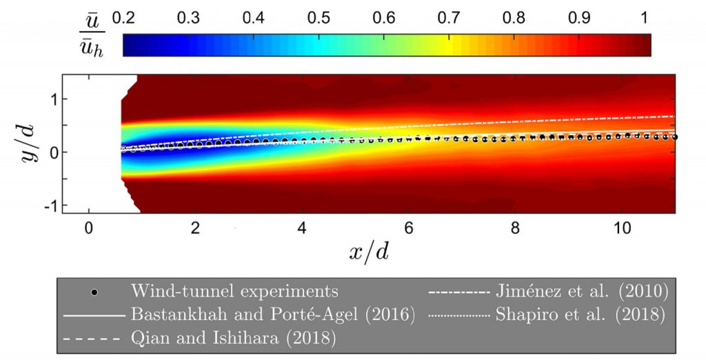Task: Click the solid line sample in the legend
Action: pyautogui.click(x=92, y=315)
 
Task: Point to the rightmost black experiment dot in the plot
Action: pyautogui.click(x=676, y=137)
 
